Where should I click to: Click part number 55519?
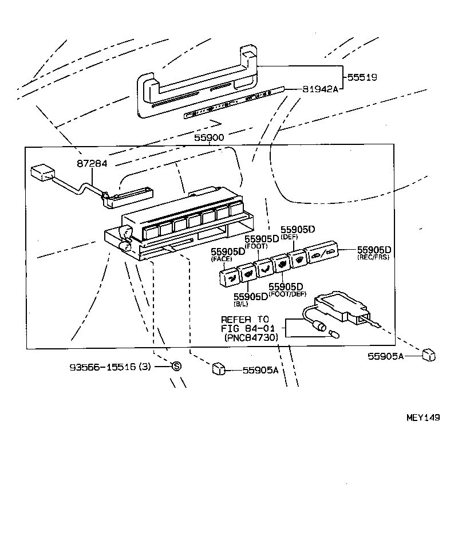click(361, 76)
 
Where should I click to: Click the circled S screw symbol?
click(176, 366)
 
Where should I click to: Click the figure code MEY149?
click(423, 418)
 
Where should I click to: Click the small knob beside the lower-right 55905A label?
click(428, 356)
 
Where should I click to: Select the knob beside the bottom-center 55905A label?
click(218, 368)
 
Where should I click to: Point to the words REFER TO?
click(244, 320)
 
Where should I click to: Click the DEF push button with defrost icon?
click(297, 259)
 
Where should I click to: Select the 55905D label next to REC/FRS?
click(374, 250)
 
